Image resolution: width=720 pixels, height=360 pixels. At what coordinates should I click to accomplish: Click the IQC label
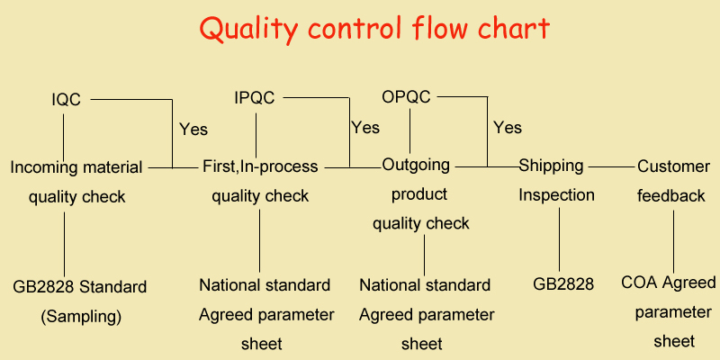[x=66, y=100]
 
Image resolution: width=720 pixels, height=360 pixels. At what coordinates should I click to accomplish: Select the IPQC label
[x=255, y=98]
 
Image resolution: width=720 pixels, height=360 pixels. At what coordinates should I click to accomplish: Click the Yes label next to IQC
[x=193, y=129]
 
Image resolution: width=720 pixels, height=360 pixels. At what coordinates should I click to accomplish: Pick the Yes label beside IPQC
[x=365, y=128]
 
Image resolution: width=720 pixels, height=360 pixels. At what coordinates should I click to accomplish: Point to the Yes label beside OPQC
[x=508, y=128]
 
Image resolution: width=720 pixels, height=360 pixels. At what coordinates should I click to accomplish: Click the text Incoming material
[x=76, y=167]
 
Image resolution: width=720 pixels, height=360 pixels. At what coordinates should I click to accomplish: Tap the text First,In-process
[x=260, y=166]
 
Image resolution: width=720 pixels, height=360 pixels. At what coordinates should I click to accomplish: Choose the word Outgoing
[x=416, y=166]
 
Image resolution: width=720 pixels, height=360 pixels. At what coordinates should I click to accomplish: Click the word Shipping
[x=551, y=166]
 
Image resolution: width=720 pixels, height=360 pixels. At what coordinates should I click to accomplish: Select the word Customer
[x=673, y=166]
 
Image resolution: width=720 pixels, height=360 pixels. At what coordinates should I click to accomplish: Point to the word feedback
[x=671, y=195]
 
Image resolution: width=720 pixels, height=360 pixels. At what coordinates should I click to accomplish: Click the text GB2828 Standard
[x=79, y=288]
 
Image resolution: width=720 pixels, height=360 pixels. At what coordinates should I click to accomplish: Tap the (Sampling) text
[x=81, y=317]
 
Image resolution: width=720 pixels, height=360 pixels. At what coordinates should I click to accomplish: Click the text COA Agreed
[x=669, y=283]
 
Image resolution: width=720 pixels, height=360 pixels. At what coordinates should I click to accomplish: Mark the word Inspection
[x=556, y=194]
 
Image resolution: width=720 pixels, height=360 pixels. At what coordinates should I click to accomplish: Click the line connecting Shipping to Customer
[x=610, y=166]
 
